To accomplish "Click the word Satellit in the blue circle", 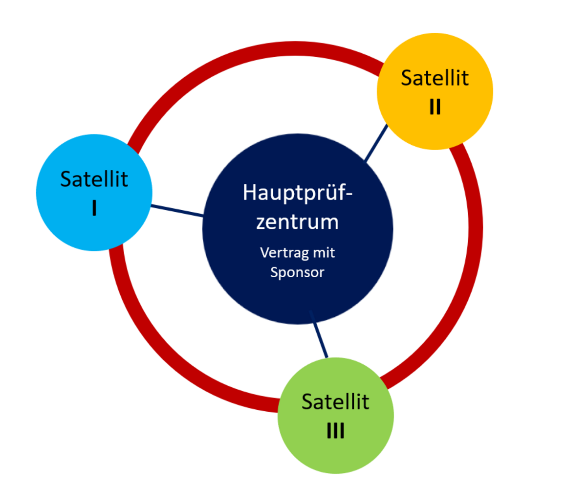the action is click(x=94, y=179).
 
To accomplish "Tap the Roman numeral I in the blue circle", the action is click(x=94, y=208).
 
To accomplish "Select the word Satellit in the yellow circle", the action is click(x=435, y=78).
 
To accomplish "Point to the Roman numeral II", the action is click(x=435, y=107).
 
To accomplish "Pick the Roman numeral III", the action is click(x=336, y=430).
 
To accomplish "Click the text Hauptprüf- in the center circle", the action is click(x=298, y=193).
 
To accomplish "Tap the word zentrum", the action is click(x=297, y=222).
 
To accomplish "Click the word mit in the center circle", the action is click(x=324, y=252).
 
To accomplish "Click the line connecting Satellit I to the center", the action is click(x=177, y=211).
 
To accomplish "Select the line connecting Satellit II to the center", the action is click(x=376, y=143).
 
